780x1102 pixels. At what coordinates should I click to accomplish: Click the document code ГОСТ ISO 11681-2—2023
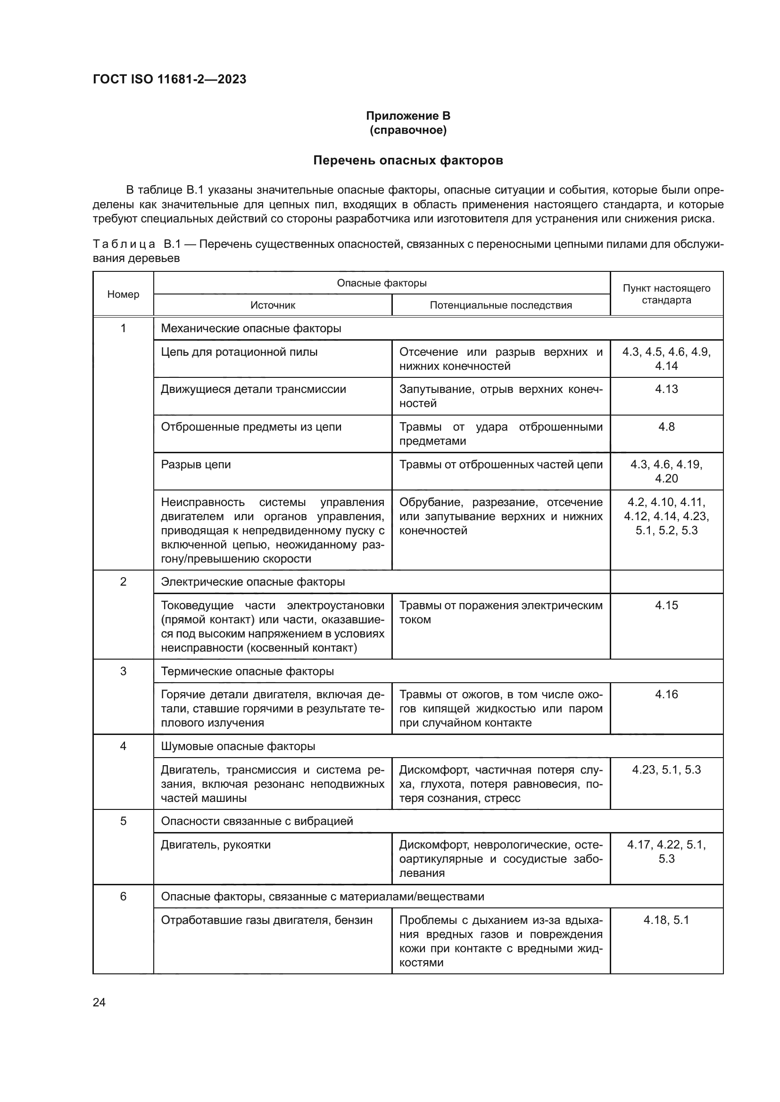click(169, 79)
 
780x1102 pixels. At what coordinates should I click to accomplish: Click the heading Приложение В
click(408, 116)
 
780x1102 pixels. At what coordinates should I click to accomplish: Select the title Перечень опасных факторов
click(408, 160)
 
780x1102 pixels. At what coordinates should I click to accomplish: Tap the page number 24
click(99, 1002)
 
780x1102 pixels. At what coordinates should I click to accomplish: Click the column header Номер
click(123, 294)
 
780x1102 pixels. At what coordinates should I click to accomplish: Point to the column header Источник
click(272, 305)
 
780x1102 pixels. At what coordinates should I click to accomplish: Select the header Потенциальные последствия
click(500, 305)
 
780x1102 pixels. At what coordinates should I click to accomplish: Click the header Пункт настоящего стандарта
click(666, 294)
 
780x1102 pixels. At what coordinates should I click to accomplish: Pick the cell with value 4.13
click(666, 389)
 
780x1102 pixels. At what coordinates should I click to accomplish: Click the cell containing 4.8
click(666, 427)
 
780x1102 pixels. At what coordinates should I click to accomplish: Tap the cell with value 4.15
click(666, 605)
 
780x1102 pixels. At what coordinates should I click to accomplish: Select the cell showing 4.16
click(666, 694)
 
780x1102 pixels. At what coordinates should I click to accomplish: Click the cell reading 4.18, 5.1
click(666, 920)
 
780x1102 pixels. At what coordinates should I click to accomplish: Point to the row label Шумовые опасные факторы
click(238, 746)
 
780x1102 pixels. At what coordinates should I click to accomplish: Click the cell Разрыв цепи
click(196, 465)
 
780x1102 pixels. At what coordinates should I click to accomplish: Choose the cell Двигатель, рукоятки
click(216, 845)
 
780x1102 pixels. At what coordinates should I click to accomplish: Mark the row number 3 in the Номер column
click(123, 671)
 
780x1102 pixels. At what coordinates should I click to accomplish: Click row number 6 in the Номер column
click(123, 897)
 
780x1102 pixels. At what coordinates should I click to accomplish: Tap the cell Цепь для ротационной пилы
click(239, 352)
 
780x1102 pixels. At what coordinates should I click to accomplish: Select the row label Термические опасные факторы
click(248, 671)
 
